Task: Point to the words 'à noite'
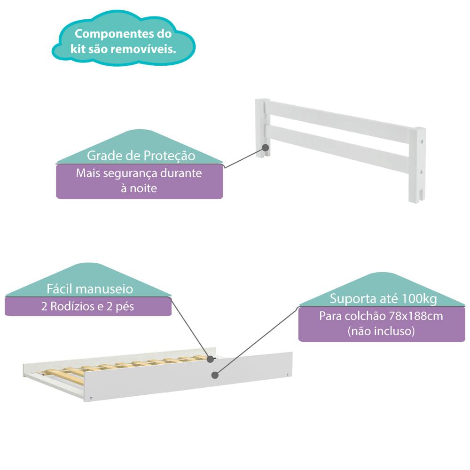(x=139, y=188)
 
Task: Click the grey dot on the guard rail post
(x=266, y=147)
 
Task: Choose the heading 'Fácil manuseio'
(x=90, y=289)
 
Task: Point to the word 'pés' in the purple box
(x=125, y=307)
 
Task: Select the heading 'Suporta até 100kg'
(x=383, y=299)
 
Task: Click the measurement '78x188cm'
(x=420, y=316)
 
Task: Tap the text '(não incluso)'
(x=381, y=331)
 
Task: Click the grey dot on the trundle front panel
(x=215, y=375)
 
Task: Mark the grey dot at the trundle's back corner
(x=209, y=358)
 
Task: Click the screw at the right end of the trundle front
(x=287, y=374)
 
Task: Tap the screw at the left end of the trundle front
(x=91, y=398)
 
